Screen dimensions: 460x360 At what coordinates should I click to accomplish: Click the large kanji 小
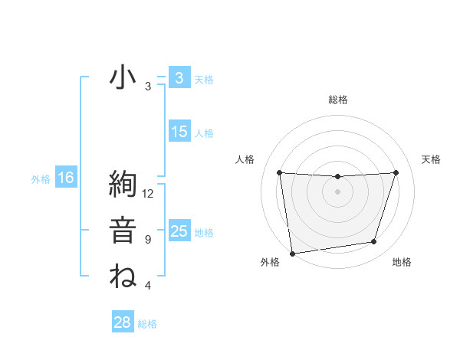[x=123, y=78]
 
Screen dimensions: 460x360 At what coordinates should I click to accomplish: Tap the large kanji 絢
[x=123, y=187]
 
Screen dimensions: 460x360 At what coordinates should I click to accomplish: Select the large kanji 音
[x=123, y=231]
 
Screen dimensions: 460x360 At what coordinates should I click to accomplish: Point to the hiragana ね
[x=123, y=276]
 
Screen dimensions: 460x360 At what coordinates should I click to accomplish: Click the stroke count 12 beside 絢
[x=148, y=194]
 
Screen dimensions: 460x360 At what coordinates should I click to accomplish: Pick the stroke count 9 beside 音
[x=148, y=240]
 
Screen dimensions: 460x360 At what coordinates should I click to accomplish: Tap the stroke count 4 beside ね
[x=148, y=286]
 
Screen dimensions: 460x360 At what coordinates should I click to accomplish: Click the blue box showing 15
[x=179, y=132]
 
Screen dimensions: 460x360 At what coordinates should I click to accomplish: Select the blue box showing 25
[x=179, y=231]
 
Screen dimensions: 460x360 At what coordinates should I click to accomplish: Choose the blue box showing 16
[x=66, y=178]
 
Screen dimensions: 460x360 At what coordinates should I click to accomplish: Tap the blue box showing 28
[x=123, y=322]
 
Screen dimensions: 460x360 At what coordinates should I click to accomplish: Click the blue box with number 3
[x=179, y=78]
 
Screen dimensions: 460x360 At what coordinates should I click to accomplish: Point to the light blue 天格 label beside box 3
[x=204, y=80]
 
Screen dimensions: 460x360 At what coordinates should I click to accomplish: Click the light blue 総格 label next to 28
[x=147, y=324]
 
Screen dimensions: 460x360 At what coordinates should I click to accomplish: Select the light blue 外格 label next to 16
[x=41, y=180]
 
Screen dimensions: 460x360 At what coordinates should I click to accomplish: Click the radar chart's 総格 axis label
[x=337, y=100]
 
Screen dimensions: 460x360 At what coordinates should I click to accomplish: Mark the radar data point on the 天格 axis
[x=396, y=172]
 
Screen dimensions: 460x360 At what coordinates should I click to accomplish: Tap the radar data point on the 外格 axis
[x=292, y=253]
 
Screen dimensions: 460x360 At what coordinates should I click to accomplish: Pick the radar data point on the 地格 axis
[x=374, y=242]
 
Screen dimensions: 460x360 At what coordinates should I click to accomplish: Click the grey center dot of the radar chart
[x=337, y=191]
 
